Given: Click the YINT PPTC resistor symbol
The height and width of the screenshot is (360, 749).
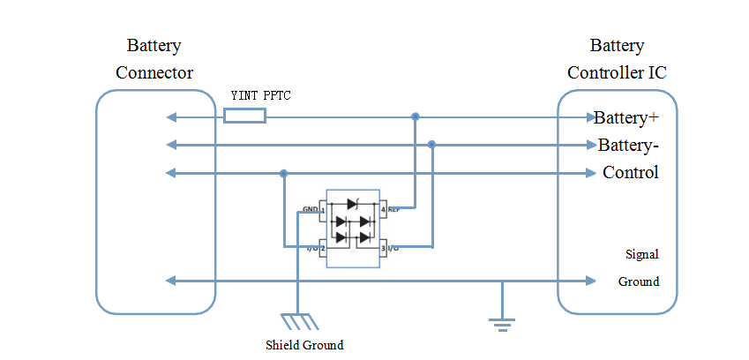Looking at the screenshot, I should [244, 116].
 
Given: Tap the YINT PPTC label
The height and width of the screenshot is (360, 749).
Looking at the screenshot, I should [261, 94].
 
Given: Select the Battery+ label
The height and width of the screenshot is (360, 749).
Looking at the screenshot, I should [626, 117].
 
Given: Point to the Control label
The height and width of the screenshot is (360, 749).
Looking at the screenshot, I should [630, 172].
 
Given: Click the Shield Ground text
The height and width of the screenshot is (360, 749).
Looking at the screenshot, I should [304, 344].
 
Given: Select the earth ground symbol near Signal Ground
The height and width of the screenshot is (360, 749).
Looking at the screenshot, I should [501, 324].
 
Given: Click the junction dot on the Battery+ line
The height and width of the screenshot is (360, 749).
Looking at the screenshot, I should [416, 116].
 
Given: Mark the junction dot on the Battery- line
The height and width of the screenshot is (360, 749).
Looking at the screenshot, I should [431, 144].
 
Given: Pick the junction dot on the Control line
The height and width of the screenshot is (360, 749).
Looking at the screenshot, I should [283, 173].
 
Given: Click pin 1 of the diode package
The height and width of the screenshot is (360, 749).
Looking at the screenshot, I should [323, 210].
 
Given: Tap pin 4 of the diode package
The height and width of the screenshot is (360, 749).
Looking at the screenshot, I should [383, 210].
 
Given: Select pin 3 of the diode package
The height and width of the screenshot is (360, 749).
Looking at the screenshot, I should [383, 249].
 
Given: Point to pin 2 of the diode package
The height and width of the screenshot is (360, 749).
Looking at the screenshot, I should [323, 249].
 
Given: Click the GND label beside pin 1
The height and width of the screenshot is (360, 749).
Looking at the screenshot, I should [310, 209].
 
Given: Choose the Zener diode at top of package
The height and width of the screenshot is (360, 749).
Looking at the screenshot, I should [353, 204].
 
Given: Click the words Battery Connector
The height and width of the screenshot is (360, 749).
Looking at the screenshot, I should [154, 59].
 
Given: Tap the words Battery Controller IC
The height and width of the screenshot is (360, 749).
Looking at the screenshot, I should [617, 59].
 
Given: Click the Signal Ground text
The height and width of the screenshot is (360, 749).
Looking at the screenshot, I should [639, 268].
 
